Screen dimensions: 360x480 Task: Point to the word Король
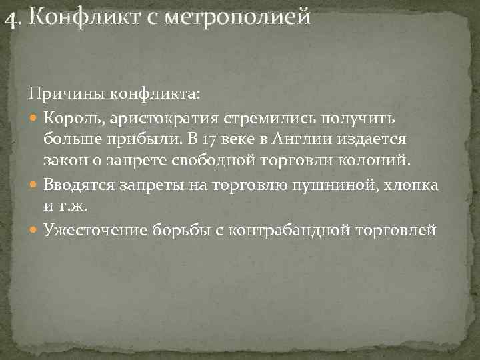[71, 119]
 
